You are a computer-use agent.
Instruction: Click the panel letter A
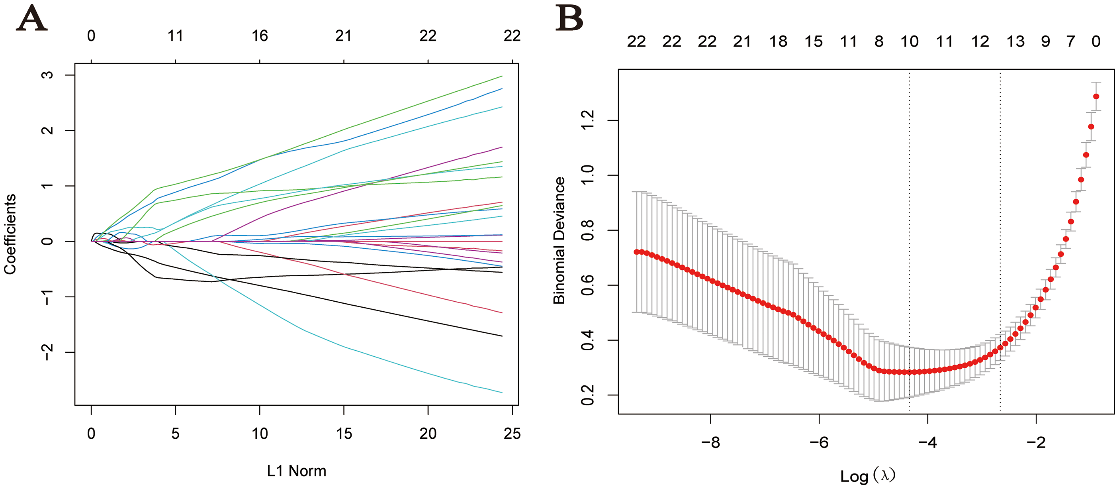pyautogui.click(x=32, y=18)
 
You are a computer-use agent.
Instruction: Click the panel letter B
pyautogui.click(x=569, y=18)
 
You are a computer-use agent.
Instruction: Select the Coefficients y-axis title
pyautogui.click(x=10, y=234)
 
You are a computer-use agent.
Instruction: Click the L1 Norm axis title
pyautogui.click(x=296, y=471)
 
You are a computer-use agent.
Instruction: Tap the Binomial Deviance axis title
pyautogui.click(x=559, y=240)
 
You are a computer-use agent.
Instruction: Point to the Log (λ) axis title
pyautogui.click(x=868, y=475)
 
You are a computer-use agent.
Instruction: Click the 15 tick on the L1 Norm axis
pyautogui.click(x=344, y=433)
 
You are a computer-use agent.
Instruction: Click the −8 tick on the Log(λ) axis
pyautogui.click(x=711, y=442)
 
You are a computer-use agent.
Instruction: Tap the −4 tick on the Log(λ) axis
pyautogui.click(x=928, y=442)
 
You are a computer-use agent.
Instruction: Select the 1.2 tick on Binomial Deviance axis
pyautogui.click(x=587, y=120)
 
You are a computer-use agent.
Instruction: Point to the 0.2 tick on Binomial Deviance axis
pyautogui.click(x=587, y=395)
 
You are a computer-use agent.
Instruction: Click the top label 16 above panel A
pyautogui.click(x=260, y=35)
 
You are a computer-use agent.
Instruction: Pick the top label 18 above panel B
pyautogui.click(x=778, y=42)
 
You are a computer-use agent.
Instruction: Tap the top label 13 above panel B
pyautogui.click(x=1015, y=42)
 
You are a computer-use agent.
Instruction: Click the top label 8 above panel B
pyautogui.click(x=879, y=42)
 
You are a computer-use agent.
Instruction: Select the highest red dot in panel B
pyautogui.click(x=1096, y=96)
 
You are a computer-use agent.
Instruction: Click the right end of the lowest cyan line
pyautogui.click(x=502, y=393)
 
